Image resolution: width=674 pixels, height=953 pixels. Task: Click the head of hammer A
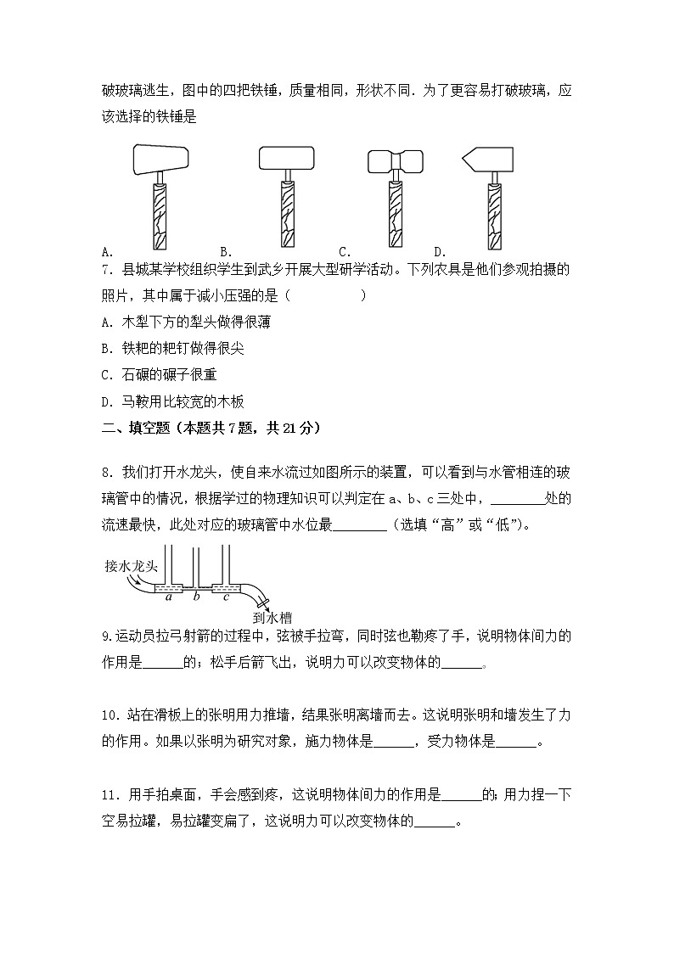tap(160, 158)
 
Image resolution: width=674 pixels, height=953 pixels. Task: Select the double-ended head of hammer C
tap(395, 161)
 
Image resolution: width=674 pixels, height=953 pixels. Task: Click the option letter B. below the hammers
tap(226, 251)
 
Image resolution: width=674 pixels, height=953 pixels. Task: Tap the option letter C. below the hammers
tap(345, 251)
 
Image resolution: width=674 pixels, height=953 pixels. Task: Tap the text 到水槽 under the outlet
tap(272, 619)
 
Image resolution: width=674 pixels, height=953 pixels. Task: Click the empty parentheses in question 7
tap(327, 295)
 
